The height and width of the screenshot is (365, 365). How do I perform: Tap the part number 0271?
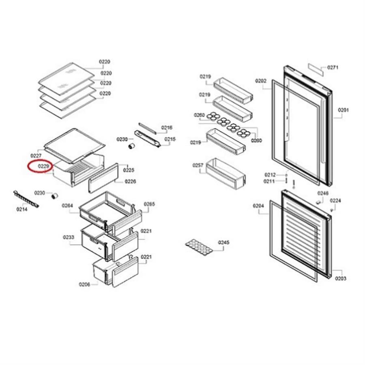click(333, 68)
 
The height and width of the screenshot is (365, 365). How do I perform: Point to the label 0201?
click(344, 110)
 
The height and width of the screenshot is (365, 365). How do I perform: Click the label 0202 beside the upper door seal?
click(261, 81)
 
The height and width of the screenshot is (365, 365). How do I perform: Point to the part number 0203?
click(341, 279)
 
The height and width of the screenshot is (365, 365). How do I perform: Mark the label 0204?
click(258, 206)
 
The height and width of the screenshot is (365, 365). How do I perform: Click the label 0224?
click(335, 200)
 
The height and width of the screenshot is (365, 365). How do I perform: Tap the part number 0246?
click(323, 193)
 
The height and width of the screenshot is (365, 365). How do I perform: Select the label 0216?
click(167, 128)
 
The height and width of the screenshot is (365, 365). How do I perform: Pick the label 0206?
click(84, 284)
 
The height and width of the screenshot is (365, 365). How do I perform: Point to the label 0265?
click(149, 204)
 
